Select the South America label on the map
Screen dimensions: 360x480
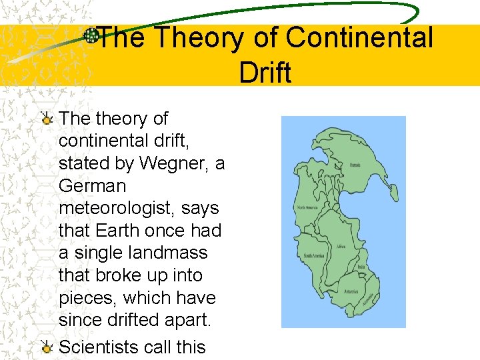pos(313,255)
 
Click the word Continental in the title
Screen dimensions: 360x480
pos(359,38)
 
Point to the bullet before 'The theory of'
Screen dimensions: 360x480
pos(47,119)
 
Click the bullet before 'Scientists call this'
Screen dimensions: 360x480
pos(47,347)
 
